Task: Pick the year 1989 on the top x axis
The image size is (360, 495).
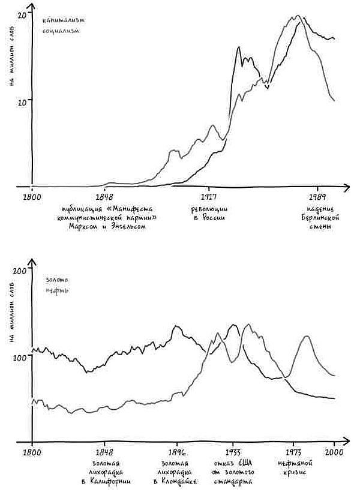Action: click(x=317, y=196)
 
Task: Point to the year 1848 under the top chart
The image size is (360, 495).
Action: click(x=104, y=196)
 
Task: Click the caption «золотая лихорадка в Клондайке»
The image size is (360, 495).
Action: click(x=176, y=472)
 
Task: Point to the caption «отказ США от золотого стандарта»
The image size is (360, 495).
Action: click(x=233, y=472)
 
